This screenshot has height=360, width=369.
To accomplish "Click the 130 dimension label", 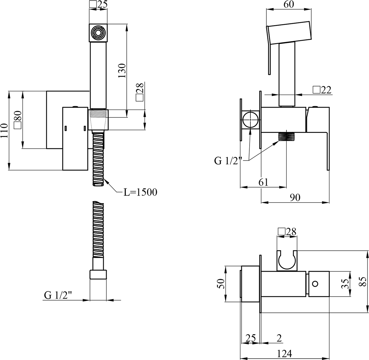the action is (x=122, y=70).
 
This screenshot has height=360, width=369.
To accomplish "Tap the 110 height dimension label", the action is (x=4, y=131).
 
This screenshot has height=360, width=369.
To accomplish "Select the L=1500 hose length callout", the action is (x=140, y=192).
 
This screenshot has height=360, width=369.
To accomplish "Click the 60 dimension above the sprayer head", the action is (x=288, y=4).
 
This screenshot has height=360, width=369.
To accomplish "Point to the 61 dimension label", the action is (x=264, y=182).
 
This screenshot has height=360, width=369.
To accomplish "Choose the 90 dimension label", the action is (x=295, y=198).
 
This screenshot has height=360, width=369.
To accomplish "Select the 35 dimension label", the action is (x=345, y=284).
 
